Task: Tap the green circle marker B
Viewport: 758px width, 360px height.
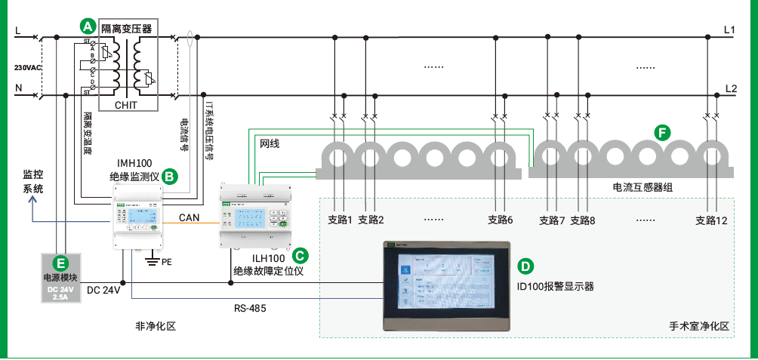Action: click(170, 177)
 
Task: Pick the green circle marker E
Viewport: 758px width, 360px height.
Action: click(62, 263)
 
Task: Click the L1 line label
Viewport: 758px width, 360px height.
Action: click(729, 30)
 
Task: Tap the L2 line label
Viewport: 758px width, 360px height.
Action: click(730, 88)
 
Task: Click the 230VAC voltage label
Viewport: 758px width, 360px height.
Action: click(28, 67)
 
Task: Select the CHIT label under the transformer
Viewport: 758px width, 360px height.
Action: click(126, 106)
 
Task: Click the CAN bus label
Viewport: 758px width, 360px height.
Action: click(189, 218)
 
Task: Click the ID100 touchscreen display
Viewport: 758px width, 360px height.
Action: click(446, 287)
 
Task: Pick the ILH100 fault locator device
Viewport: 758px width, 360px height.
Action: click(254, 214)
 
